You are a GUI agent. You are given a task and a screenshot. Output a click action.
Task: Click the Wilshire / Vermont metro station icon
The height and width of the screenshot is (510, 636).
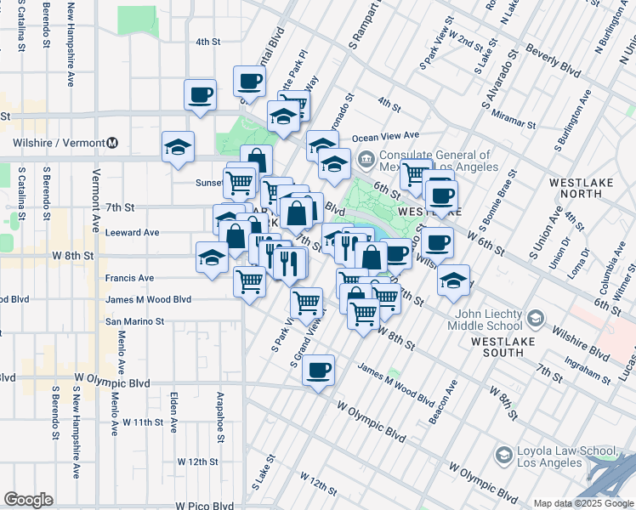[112, 143]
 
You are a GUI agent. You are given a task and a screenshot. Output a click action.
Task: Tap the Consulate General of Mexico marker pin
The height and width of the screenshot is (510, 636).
[366, 158]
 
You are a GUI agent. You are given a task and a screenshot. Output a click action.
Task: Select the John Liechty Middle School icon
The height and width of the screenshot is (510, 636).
[535, 318]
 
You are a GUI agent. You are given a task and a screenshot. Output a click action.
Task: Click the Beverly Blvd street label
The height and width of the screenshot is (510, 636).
[554, 59]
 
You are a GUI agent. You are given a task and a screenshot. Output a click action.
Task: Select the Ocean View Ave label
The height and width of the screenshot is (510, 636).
[386, 136]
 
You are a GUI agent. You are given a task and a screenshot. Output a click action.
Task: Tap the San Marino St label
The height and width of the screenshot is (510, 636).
[134, 322]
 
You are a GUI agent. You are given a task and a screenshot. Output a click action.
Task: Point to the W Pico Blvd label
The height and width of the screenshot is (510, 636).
[204, 505]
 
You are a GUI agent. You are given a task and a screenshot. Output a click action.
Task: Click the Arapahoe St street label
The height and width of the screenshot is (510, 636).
[219, 416]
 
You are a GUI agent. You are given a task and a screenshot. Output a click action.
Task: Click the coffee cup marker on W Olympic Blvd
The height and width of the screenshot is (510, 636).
[318, 371]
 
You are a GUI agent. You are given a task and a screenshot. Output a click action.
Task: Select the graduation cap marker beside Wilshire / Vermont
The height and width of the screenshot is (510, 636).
[179, 146]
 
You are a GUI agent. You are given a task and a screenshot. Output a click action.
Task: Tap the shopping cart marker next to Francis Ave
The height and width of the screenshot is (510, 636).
[249, 280]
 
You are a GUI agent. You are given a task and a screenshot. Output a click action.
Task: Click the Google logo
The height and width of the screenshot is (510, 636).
[28, 500]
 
